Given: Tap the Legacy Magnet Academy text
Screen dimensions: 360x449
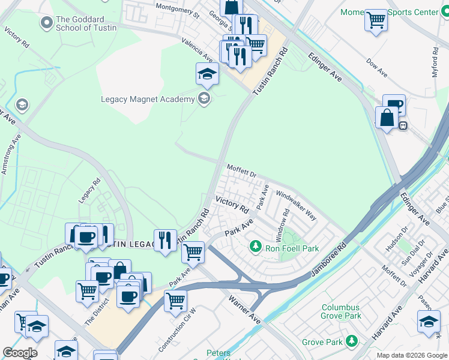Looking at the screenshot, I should (148, 99).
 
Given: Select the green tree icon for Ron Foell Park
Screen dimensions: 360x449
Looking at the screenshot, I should (255, 247).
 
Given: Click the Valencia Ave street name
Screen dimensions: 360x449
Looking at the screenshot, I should (199, 49).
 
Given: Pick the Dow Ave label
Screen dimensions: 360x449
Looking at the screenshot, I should (376, 67).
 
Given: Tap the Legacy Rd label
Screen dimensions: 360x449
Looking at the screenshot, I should (89, 191).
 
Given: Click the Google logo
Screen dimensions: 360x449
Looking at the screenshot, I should (20, 353).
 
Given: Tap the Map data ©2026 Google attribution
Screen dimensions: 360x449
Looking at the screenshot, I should (412, 355).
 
